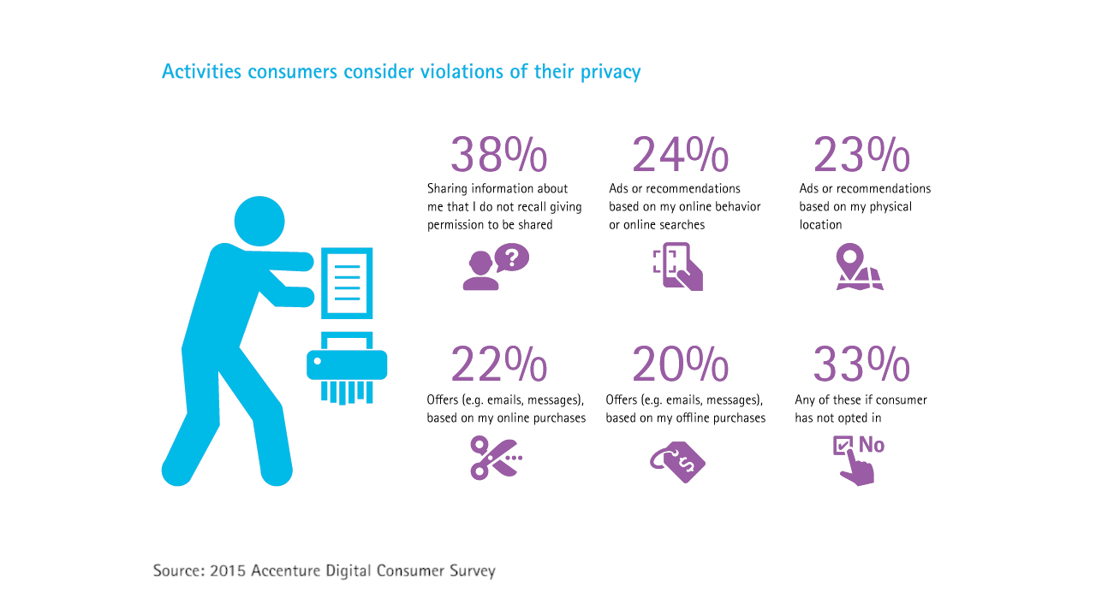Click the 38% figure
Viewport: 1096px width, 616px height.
pos(498,155)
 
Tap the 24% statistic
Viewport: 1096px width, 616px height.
pos(680,155)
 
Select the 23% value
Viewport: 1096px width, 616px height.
pos(861,155)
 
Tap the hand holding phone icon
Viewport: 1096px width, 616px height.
pos(678,267)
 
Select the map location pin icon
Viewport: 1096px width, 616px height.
pos(859,267)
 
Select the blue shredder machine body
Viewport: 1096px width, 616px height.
pos(347,364)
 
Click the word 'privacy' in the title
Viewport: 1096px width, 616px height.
pos(610,72)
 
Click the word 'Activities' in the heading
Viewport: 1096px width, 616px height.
pos(202,72)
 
